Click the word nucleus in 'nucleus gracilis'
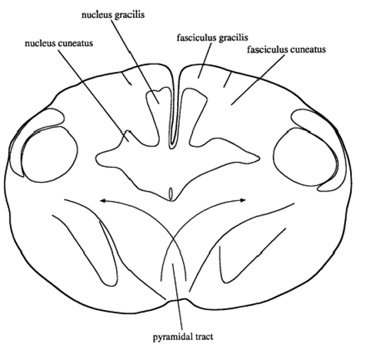click(x=96, y=15)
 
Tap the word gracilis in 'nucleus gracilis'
click(x=129, y=15)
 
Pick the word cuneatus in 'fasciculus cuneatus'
click(x=308, y=49)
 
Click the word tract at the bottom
click(x=204, y=337)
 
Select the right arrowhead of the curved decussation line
click(x=243, y=200)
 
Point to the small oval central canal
click(x=171, y=193)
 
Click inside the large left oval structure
click(x=50, y=154)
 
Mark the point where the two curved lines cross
click(x=173, y=239)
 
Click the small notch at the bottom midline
click(x=177, y=300)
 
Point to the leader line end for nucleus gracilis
click(x=159, y=103)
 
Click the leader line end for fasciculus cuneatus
click(x=231, y=105)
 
